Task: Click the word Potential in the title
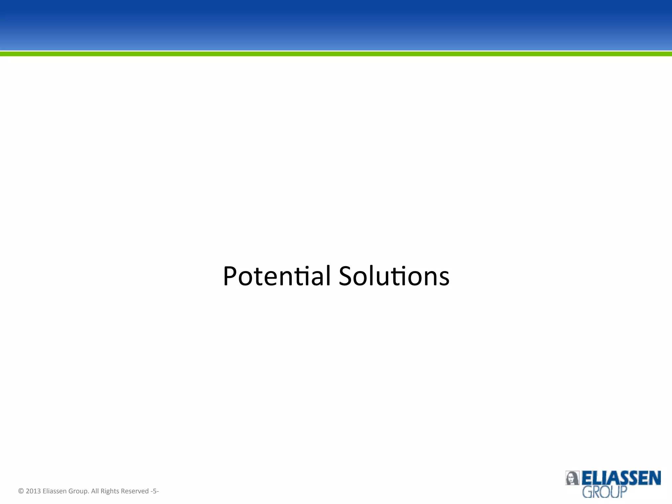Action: click(277, 276)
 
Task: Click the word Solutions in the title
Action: click(394, 276)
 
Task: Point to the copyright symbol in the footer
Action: click(21, 491)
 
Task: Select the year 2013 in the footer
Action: click(33, 491)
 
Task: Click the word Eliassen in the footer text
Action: click(54, 491)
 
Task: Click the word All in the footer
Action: click(95, 491)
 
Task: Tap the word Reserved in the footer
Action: click(135, 491)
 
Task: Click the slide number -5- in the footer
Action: click(155, 491)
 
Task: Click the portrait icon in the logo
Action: click(572, 478)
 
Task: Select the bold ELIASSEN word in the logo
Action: click(621, 478)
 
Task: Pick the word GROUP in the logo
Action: click(604, 492)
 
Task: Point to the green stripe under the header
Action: click(336, 54)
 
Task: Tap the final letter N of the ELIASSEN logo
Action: click(655, 478)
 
